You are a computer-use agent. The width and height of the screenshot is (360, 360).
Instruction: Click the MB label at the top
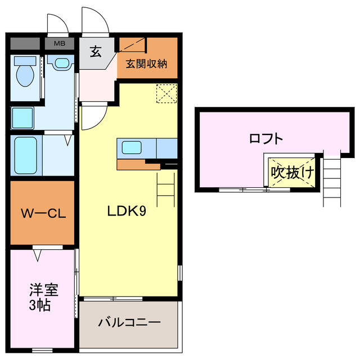[x=58, y=43]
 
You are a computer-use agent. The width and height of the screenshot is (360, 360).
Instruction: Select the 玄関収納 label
[x=146, y=63]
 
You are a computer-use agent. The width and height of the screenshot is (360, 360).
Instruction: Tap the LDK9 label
[x=128, y=211]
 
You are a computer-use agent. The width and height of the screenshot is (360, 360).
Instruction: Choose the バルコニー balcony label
[x=129, y=323]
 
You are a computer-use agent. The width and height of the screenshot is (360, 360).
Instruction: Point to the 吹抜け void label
[x=291, y=172]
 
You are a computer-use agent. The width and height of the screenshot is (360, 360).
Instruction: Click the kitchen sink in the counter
[x=132, y=148]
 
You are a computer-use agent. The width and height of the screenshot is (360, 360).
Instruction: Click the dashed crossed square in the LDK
[x=166, y=93]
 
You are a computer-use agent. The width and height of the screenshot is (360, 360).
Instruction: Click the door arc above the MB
[x=57, y=24]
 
